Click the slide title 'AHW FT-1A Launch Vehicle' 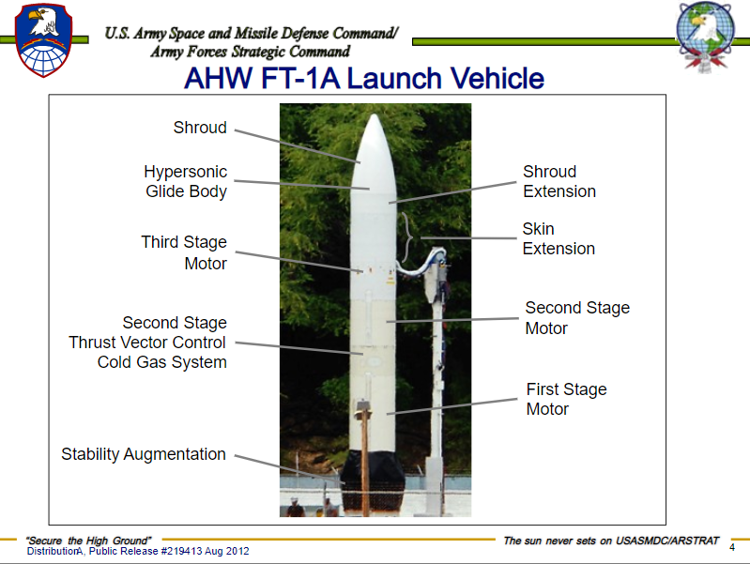pyautogui.click(x=364, y=78)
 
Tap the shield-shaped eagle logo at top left pyautogui.click(x=43, y=40)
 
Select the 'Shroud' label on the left pyautogui.click(x=200, y=128)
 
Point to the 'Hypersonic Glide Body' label pyautogui.click(x=186, y=181)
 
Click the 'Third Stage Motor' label pyautogui.click(x=184, y=252)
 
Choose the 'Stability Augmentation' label pyautogui.click(x=144, y=454)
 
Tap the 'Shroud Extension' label pyautogui.click(x=559, y=181)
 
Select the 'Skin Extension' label pyautogui.click(x=559, y=238)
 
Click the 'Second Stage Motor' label pyautogui.click(x=577, y=317)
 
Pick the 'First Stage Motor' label pyautogui.click(x=566, y=399)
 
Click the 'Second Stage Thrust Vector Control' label pyautogui.click(x=147, y=343)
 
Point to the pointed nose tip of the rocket pyautogui.click(x=375, y=114)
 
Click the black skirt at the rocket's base pyautogui.click(x=373, y=480)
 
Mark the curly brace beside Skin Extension pyautogui.click(x=407, y=237)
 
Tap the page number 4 pyautogui.click(x=732, y=547)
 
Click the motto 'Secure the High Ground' pyautogui.click(x=88, y=541)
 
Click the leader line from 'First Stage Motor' pyautogui.click(x=452, y=406)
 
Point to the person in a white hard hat pyautogui.click(x=295, y=507)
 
